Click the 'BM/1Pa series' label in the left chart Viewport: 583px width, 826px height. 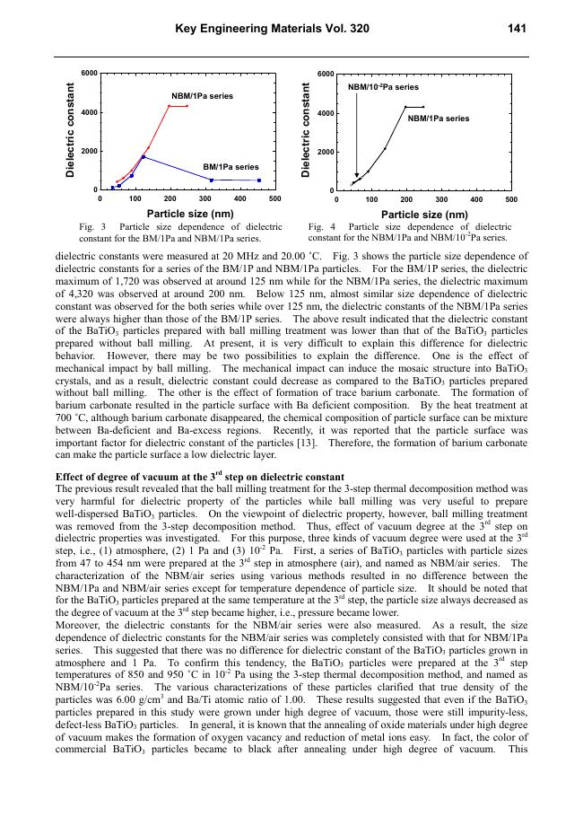tap(231, 167)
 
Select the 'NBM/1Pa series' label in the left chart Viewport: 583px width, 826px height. tap(203, 95)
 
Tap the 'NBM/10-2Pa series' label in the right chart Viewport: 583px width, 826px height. tap(383, 87)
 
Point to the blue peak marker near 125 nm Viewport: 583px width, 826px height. tap(144, 157)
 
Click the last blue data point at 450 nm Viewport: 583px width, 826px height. tap(258, 180)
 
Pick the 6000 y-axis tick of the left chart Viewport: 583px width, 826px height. tap(88, 72)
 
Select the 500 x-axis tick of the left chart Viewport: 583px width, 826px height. tap(274, 198)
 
